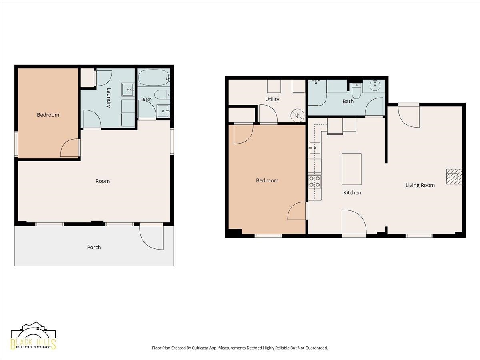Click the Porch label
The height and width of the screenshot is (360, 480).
click(x=94, y=247)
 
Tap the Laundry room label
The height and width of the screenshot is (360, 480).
click(x=109, y=98)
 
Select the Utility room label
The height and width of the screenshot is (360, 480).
click(x=272, y=99)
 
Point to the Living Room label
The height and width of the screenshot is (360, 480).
click(x=420, y=185)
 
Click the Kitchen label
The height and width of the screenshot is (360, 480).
click(x=352, y=192)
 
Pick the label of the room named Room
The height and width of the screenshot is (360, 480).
click(x=102, y=181)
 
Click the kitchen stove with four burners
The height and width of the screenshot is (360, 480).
click(x=315, y=182)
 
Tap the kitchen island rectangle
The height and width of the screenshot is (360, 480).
click(x=352, y=169)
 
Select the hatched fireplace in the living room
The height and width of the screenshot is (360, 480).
click(x=454, y=176)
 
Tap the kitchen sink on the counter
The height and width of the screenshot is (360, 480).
click(x=315, y=148)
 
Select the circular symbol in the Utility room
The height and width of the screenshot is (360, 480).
click(x=298, y=116)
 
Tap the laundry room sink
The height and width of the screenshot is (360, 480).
click(x=128, y=89)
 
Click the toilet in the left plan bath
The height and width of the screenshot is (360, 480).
click(x=162, y=95)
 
